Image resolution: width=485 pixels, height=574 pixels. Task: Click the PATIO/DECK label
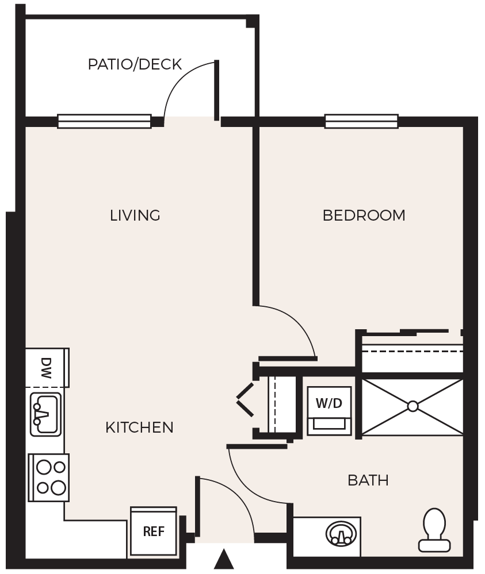135,64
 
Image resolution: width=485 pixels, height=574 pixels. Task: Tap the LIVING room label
135,215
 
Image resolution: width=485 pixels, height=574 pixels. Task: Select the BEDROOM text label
364,215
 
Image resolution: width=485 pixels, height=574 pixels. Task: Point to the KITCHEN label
139,427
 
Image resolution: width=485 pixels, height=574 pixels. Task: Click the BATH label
368,480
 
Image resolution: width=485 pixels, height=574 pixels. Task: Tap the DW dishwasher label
46,368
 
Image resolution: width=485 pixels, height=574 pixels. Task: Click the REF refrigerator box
154,532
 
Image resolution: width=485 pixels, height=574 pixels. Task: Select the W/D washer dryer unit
329,411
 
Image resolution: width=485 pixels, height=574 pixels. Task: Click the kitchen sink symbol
45,414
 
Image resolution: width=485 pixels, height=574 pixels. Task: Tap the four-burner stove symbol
49,477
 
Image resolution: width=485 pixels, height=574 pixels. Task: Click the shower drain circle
413,406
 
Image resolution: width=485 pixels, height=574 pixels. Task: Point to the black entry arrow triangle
224,559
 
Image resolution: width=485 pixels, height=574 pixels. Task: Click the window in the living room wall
105,121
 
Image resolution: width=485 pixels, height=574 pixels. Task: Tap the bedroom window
361,121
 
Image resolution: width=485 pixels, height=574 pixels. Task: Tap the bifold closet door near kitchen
245,400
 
